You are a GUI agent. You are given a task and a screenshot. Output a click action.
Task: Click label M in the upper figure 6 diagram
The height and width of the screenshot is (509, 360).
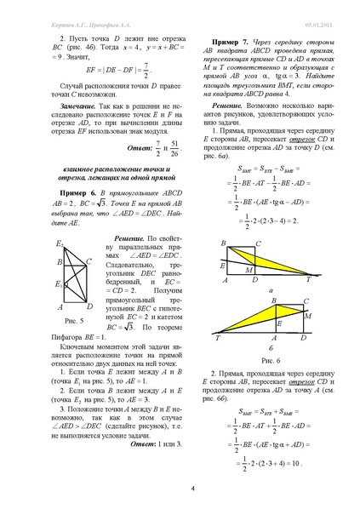pyautogui.click(x=249, y=271)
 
